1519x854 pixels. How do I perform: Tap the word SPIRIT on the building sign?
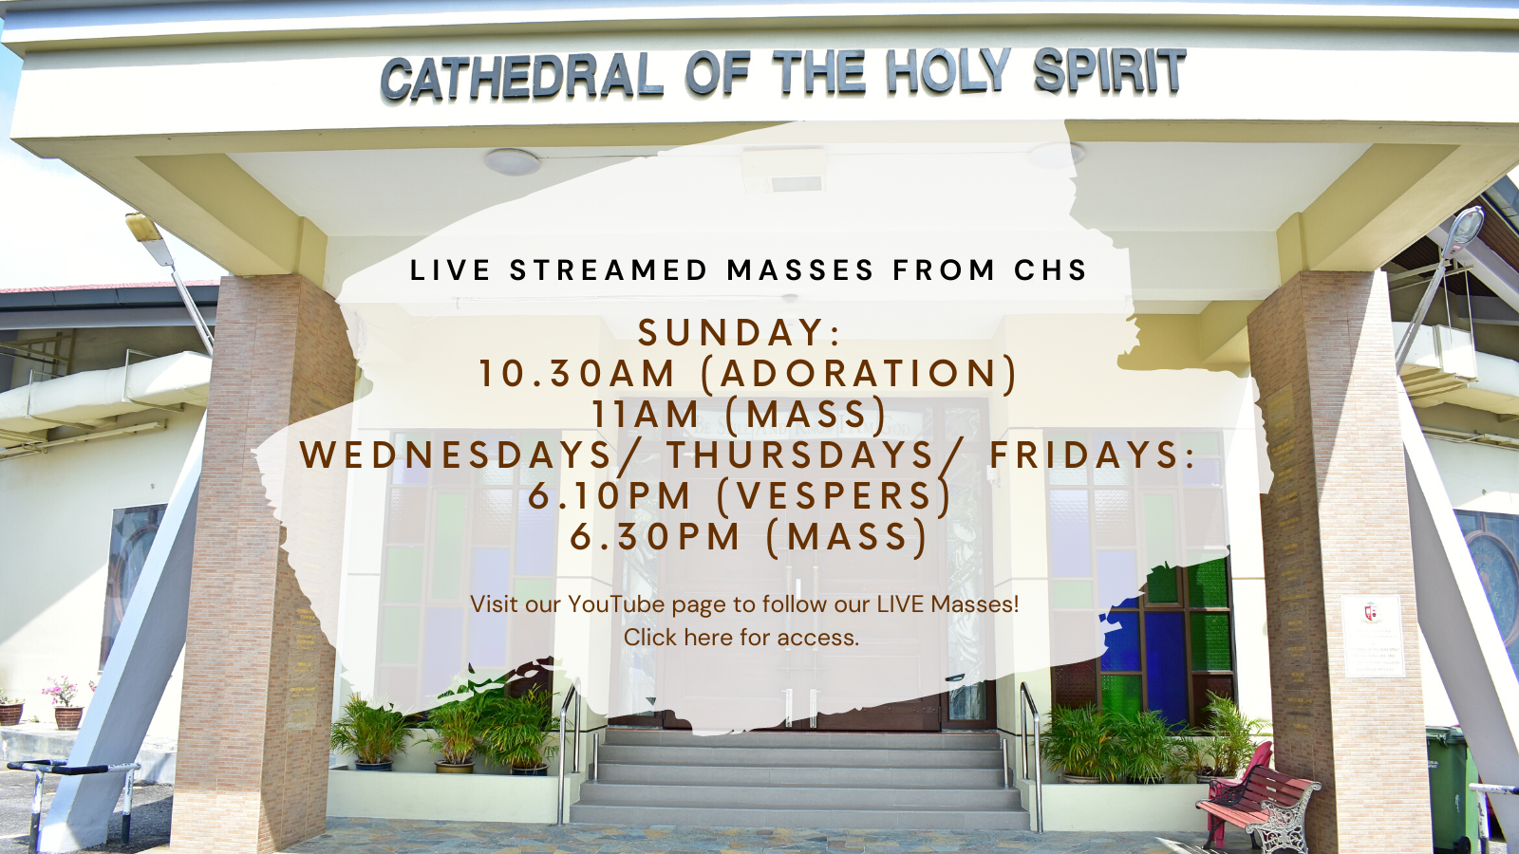[1110, 70]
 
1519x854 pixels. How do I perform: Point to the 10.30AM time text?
[577, 374]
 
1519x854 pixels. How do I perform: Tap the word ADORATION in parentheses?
[859, 374]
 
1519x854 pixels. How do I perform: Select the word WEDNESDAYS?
[456, 455]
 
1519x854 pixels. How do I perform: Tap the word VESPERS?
[835, 496]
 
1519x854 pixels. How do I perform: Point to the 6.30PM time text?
[654, 536]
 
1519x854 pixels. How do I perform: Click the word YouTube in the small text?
[616, 603]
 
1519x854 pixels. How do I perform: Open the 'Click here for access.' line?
[741, 637]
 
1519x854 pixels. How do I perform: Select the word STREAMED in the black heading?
[609, 270]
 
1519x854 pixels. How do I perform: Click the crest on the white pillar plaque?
[1371, 613]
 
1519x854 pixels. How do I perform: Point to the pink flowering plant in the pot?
[63, 691]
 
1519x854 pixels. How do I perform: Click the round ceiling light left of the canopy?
[512, 162]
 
